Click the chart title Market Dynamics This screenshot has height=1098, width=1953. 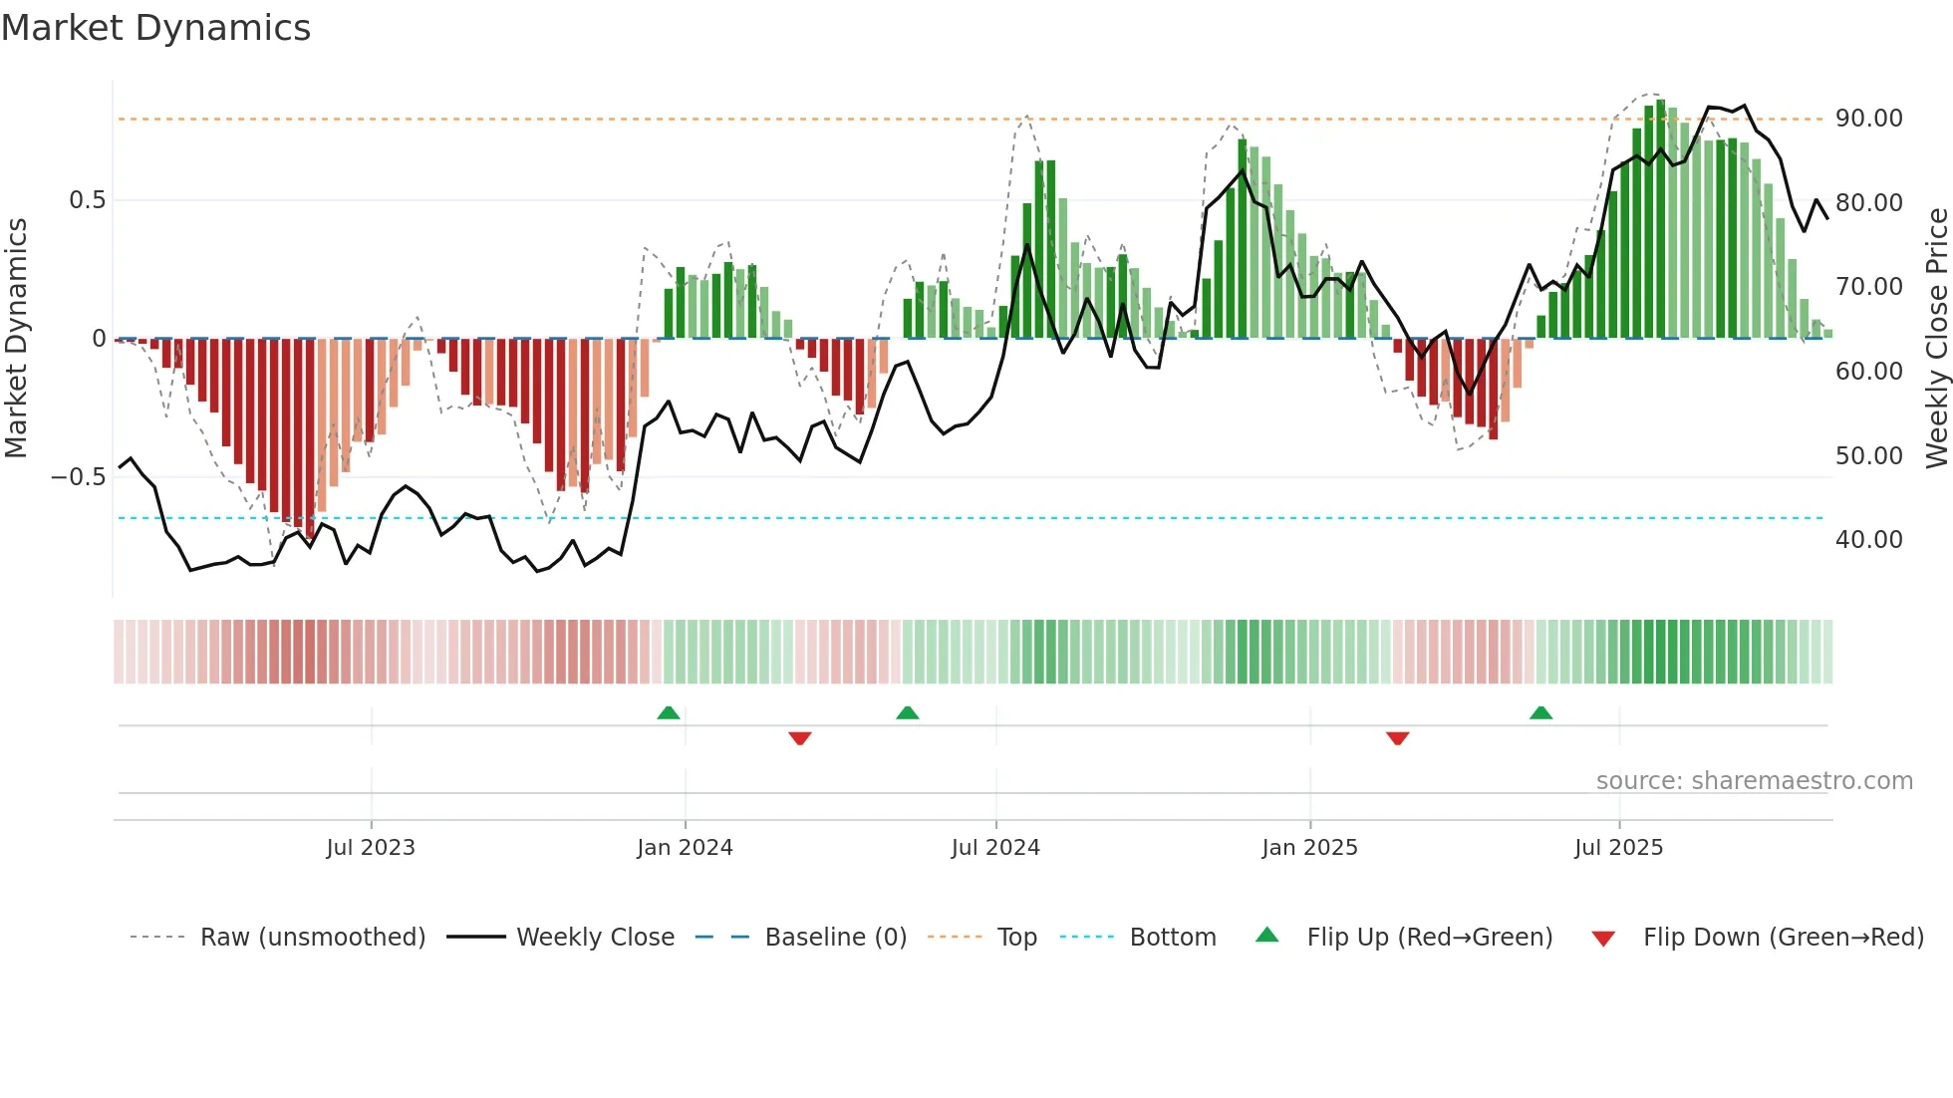[x=155, y=28]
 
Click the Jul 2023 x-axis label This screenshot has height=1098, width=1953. [x=370, y=848]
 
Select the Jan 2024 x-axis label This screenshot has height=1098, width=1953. [x=685, y=848]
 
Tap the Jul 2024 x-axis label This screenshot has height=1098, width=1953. [x=995, y=848]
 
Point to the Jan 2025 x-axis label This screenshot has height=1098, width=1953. [x=1309, y=848]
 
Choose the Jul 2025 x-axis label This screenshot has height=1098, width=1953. [x=1618, y=848]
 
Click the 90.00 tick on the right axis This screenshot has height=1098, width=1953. [x=1868, y=119]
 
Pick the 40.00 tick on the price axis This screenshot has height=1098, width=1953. [x=1868, y=540]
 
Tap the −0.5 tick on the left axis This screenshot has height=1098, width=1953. [x=79, y=477]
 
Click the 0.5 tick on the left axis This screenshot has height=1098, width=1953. [x=87, y=200]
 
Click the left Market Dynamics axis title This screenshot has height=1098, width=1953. [x=16, y=339]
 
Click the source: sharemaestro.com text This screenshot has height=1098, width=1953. [x=1754, y=781]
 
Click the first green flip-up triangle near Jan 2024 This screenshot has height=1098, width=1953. [x=669, y=713]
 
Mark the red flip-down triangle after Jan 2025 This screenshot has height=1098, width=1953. [x=1397, y=738]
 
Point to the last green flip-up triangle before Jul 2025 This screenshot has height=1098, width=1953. [x=1540, y=713]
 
